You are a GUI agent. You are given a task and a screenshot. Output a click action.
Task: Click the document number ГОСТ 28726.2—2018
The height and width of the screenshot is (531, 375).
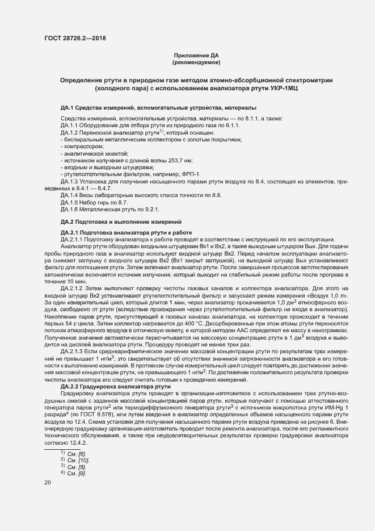(x=74, y=39)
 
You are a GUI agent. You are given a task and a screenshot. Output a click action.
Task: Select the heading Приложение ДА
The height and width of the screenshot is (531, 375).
(x=196, y=55)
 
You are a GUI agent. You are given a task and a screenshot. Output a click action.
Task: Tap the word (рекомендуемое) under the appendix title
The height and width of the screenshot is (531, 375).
(x=196, y=62)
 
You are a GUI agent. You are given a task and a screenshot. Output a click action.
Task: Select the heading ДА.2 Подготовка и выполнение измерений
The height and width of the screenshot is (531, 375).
(x=121, y=221)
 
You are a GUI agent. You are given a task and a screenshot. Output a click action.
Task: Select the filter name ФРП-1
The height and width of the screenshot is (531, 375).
(x=189, y=174)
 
